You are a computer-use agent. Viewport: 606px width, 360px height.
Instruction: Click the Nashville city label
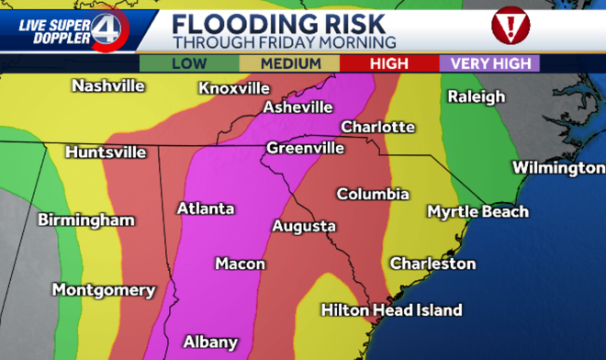(x=108, y=85)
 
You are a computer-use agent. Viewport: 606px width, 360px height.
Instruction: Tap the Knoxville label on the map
(x=233, y=88)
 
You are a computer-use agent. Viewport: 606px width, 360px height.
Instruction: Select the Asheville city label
(x=297, y=107)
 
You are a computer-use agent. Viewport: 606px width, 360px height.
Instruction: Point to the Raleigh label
(x=476, y=96)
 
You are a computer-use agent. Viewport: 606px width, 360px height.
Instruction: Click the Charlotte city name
(x=377, y=127)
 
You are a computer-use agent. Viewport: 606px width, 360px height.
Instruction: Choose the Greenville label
(x=305, y=148)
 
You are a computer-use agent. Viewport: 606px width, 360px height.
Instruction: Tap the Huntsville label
(x=106, y=152)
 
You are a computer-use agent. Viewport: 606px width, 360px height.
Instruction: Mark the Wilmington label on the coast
(x=558, y=168)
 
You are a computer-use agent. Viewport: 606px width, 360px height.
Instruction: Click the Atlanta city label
(x=205, y=208)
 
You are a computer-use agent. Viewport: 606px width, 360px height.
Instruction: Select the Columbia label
(x=372, y=195)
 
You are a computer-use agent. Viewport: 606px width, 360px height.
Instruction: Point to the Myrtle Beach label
(x=477, y=212)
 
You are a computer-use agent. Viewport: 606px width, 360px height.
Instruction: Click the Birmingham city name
(x=85, y=220)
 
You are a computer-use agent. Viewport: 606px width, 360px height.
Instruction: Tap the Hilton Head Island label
(x=391, y=310)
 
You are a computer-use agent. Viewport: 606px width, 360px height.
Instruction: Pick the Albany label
(x=210, y=342)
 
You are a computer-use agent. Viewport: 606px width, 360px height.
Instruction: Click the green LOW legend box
(x=187, y=63)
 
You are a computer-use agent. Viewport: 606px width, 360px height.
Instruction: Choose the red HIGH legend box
(x=387, y=63)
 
